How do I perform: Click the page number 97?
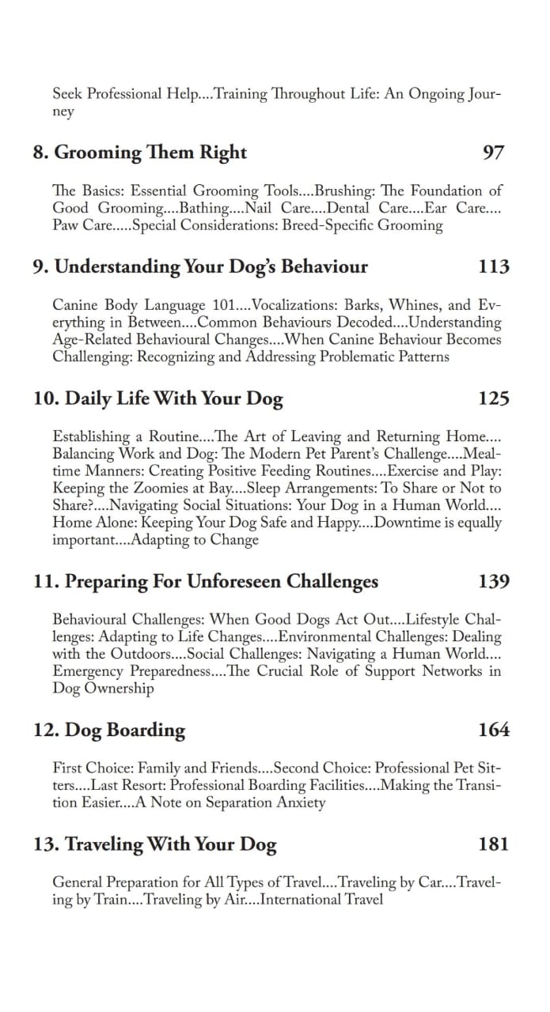tap(493, 153)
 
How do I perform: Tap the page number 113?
tap(494, 266)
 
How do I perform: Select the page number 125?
tap(494, 398)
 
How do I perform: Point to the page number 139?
tap(494, 582)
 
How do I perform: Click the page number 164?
tap(494, 730)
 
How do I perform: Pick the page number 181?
tap(494, 844)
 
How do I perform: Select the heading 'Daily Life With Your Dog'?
tap(158, 398)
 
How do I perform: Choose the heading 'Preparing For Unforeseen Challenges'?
tap(206, 582)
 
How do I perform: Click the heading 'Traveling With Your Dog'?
tap(155, 844)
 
